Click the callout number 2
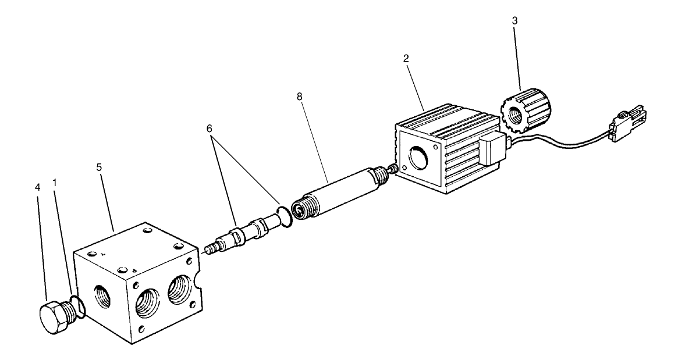pos(406,58)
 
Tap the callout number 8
pos(299,97)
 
